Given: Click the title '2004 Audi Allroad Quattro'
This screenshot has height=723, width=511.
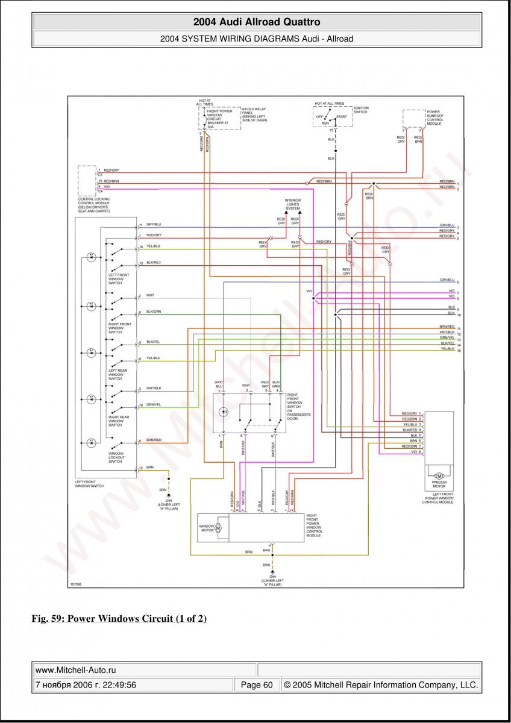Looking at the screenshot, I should [x=256, y=22].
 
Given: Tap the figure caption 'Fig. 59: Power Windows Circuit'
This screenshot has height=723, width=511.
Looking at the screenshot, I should [x=119, y=619].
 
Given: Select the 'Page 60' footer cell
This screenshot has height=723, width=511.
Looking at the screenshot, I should [x=257, y=685].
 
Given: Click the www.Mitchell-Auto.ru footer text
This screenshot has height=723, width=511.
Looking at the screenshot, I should [x=75, y=669].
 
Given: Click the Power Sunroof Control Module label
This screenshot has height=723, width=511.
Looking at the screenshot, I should [x=434, y=117].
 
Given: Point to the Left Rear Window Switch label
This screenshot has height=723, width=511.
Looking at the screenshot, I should [x=117, y=374].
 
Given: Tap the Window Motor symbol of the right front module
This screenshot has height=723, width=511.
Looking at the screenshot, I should [x=218, y=528].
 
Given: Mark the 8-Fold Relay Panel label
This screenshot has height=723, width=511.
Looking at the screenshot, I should [x=254, y=114].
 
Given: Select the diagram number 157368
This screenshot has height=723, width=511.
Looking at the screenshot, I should [x=77, y=583].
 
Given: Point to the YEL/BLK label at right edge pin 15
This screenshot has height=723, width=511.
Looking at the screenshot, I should [x=447, y=349].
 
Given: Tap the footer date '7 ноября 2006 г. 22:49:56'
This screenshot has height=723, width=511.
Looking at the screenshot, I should [x=86, y=685].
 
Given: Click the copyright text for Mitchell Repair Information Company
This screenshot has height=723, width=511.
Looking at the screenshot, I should [x=381, y=685].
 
